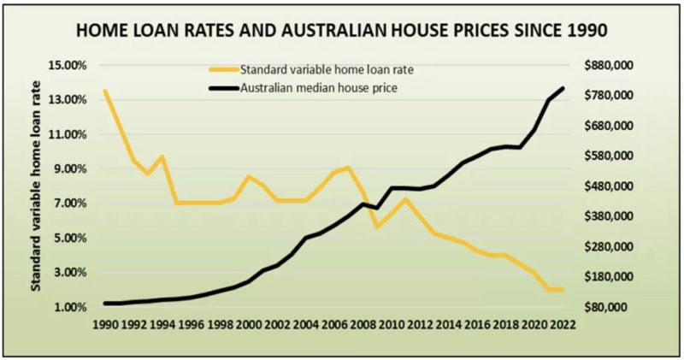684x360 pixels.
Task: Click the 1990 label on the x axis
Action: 105,325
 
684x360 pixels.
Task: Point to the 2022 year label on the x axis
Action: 562,325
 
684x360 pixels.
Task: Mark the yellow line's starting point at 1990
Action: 105,91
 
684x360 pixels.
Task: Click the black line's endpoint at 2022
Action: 563,88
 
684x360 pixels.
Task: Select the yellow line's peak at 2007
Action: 348,168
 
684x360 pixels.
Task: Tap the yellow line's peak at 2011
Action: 405,199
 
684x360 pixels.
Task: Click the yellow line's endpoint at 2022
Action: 563,290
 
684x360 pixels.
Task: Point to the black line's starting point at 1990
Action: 105,303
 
